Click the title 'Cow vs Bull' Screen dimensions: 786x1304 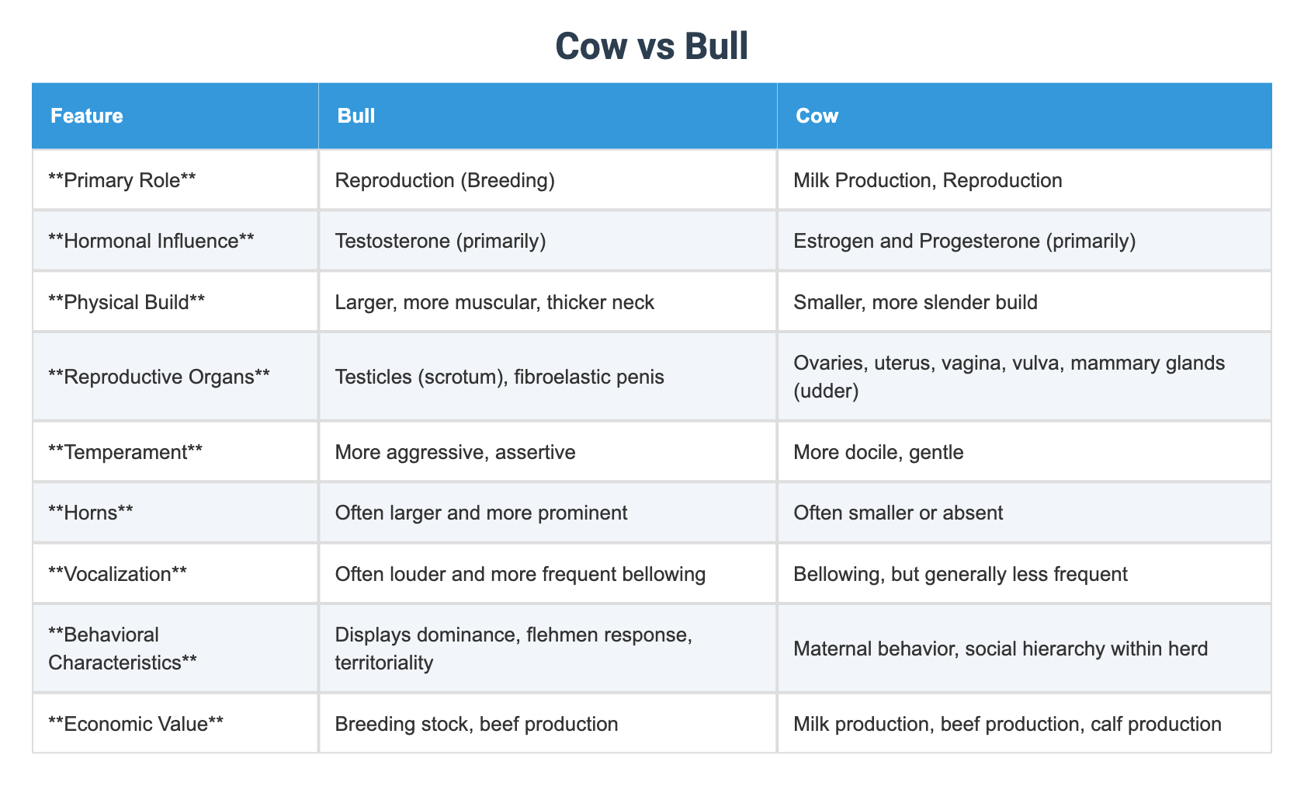[x=651, y=47]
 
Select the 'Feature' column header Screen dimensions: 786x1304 [x=86, y=116]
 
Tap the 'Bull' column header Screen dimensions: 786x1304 [x=355, y=116]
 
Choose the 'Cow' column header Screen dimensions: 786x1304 [x=817, y=116]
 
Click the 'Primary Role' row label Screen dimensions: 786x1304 [x=122, y=180]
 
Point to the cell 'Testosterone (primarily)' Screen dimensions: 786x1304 [x=440, y=241]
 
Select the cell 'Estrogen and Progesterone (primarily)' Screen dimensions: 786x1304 [x=964, y=241]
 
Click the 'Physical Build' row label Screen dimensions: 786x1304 [x=127, y=301]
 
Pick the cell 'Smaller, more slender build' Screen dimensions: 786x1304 [x=915, y=301]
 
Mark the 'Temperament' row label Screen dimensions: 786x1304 [x=125, y=452]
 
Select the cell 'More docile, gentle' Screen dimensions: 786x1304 [x=878, y=452]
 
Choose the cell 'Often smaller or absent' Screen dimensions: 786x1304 [x=898, y=513]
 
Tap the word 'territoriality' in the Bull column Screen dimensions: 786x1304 [x=383, y=663]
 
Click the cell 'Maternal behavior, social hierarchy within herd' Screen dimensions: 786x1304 [x=1000, y=649]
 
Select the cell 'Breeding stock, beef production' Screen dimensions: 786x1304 [x=476, y=724]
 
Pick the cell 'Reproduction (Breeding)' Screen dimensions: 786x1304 [x=444, y=180]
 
